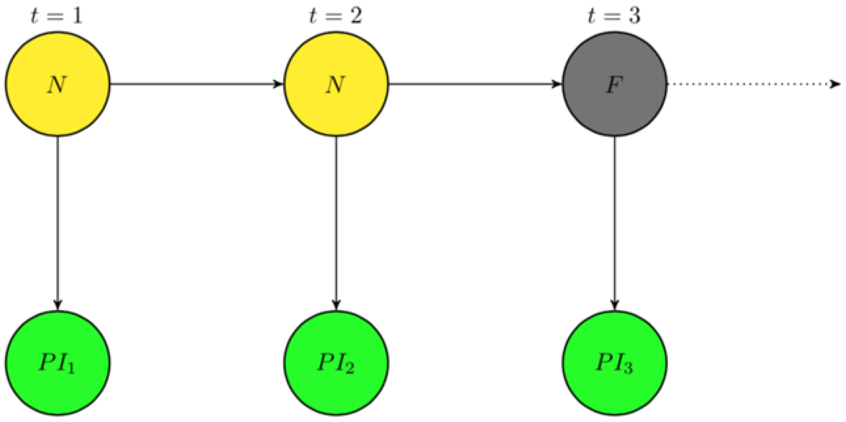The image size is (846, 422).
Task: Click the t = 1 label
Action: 56,16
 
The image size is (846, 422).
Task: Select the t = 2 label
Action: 335,16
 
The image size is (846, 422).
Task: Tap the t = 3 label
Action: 614,16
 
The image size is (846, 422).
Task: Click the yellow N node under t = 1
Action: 57,84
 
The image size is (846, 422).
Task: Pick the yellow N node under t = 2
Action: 336,84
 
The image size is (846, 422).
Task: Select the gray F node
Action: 614,84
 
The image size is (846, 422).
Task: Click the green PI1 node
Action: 57,363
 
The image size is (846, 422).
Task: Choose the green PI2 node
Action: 336,363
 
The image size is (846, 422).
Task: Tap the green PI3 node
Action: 614,363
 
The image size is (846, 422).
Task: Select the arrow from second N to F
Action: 475,84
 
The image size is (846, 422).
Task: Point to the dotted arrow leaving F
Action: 752,84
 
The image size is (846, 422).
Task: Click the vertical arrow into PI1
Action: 58,224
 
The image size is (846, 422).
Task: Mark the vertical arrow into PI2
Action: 336,224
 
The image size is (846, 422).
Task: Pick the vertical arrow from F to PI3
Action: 615,224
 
